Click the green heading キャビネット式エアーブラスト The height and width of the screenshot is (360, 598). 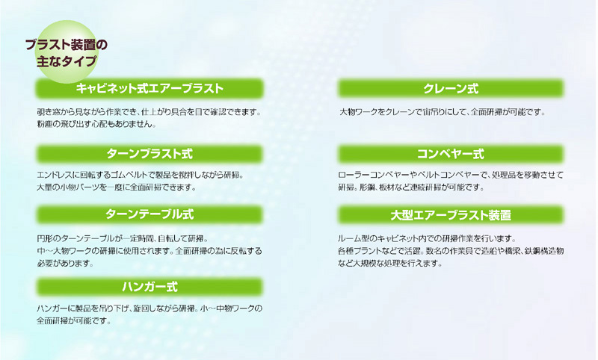[x=149, y=88]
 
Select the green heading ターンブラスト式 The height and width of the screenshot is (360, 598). [x=149, y=154]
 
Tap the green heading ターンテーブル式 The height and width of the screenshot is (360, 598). [x=149, y=214]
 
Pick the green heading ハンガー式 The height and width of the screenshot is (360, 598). [x=149, y=287]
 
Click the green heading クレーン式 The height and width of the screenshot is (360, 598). [x=451, y=88]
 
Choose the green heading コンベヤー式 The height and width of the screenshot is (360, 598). [x=451, y=154]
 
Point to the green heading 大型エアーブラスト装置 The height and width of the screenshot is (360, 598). [x=451, y=215]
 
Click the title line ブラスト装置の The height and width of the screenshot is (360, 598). [x=67, y=45]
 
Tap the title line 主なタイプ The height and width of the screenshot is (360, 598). [x=67, y=61]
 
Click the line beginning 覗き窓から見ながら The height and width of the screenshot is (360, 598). [x=149, y=112]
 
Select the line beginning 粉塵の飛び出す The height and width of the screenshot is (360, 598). [x=96, y=124]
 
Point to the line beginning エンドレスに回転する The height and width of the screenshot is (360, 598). [x=141, y=176]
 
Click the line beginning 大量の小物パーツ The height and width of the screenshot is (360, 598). [x=117, y=187]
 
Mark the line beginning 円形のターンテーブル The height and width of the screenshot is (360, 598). [x=123, y=239]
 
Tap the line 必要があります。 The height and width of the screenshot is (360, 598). [x=65, y=263]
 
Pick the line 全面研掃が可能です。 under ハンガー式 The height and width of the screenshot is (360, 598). [x=74, y=320]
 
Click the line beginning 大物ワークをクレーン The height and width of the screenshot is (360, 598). [x=443, y=112]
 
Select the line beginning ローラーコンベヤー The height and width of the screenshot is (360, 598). [x=451, y=176]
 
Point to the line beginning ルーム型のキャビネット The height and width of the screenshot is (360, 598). [x=427, y=239]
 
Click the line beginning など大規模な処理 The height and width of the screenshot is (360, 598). [x=390, y=263]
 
